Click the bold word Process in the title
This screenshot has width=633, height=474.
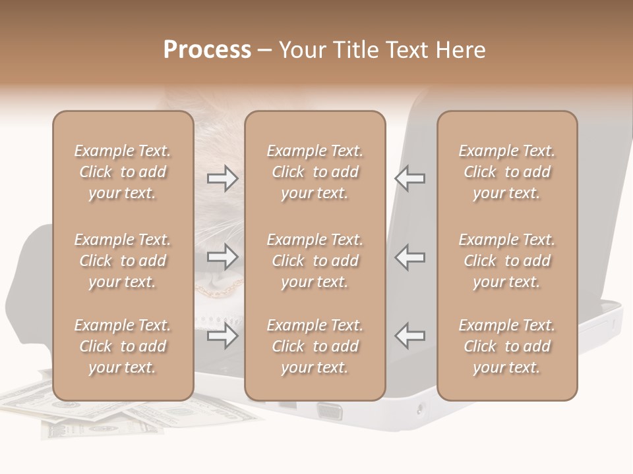click(207, 50)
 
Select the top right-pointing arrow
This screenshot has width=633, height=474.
click(222, 178)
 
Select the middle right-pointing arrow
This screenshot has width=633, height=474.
click(222, 256)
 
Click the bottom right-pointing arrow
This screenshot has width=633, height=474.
click(222, 336)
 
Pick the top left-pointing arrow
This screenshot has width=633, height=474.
click(409, 178)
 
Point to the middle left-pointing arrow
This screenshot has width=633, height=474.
click(409, 256)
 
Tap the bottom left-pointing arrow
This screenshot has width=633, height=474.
click(409, 336)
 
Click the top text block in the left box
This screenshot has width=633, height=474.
click(123, 172)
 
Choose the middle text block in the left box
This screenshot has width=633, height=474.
click(123, 261)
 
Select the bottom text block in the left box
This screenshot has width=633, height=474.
click(123, 346)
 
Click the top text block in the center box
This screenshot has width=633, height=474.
click(315, 172)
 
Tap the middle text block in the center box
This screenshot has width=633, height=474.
click(315, 261)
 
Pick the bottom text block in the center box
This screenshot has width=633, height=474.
click(315, 346)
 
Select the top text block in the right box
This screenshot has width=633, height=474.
click(506, 172)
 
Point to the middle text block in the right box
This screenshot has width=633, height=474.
click(506, 261)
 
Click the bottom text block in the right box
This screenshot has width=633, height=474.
click(506, 346)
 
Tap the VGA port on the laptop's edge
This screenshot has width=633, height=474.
click(329, 412)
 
